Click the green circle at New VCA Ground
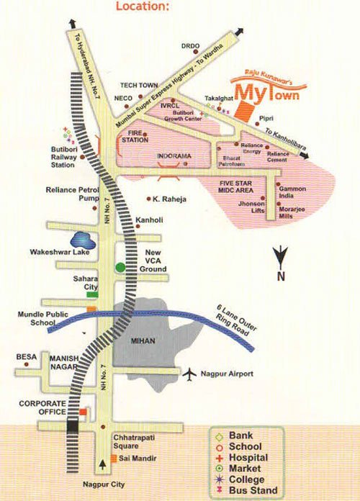[x=122, y=268]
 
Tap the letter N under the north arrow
[x=282, y=276]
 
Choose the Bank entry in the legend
[x=241, y=435]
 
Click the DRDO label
[x=191, y=46]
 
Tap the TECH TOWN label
[x=139, y=85]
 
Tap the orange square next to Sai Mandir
[x=114, y=458]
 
